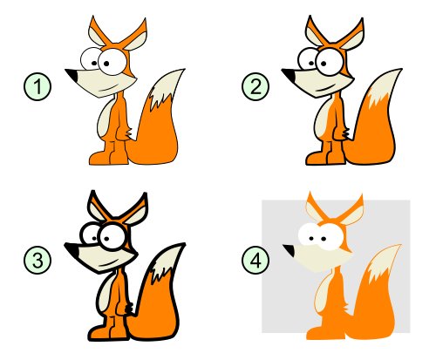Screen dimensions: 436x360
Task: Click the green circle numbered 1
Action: (x=37, y=86)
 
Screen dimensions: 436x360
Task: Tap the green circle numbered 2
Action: (x=255, y=86)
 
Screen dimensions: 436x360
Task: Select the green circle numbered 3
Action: (x=37, y=260)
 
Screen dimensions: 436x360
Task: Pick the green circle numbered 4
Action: (x=255, y=260)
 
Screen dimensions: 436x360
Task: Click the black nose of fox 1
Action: (x=72, y=75)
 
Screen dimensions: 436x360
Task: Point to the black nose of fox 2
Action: (x=289, y=75)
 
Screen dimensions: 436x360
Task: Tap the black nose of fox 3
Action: (x=72, y=249)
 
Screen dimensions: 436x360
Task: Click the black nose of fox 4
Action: (x=290, y=250)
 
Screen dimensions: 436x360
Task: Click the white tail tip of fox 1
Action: (x=166, y=89)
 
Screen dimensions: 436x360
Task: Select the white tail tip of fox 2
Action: (x=384, y=87)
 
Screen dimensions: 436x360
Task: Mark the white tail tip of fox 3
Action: (x=167, y=262)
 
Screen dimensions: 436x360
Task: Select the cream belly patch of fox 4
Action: (x=323, y=294)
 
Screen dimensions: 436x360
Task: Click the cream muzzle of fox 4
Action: (x=321, y=257)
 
